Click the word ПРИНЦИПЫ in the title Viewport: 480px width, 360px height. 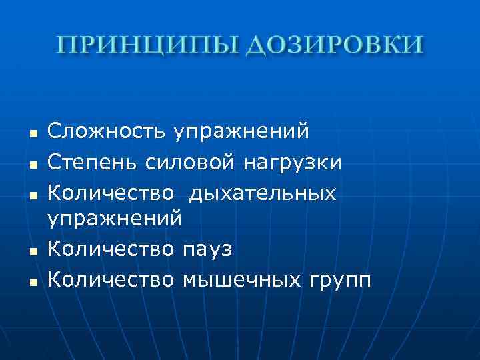coord(142,46)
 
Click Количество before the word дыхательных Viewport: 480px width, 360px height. coord(111,193)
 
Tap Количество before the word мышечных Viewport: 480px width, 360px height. coord(111,278)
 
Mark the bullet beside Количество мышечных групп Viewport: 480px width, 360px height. coord(32,281)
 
